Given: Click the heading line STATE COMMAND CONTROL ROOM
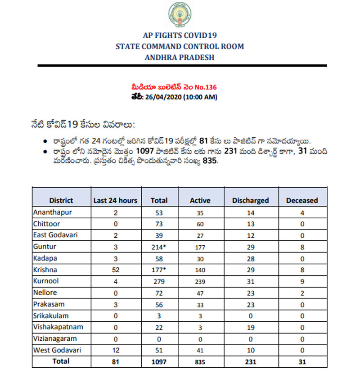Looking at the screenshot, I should [x=180, y=46].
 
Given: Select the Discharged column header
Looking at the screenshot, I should [x=250, y=200].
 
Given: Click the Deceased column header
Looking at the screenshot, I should [x=302, y=200].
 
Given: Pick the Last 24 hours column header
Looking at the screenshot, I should [x=115, y=200].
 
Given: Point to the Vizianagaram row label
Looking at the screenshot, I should [x=54, y=338].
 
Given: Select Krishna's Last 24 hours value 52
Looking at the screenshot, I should [x=115, y=270].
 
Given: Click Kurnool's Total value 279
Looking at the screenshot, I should [x=159, y=281].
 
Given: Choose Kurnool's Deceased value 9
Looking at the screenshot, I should [x=302, y=281].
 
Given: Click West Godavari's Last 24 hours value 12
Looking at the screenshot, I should [x=115, y=350].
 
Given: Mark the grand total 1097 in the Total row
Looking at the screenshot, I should [x=159, y=361].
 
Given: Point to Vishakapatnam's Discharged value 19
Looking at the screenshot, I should [x=250, y=327].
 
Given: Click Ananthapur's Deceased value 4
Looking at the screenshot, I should [x=302, y=212].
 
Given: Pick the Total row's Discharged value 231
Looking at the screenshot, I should [x=250, y=361].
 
